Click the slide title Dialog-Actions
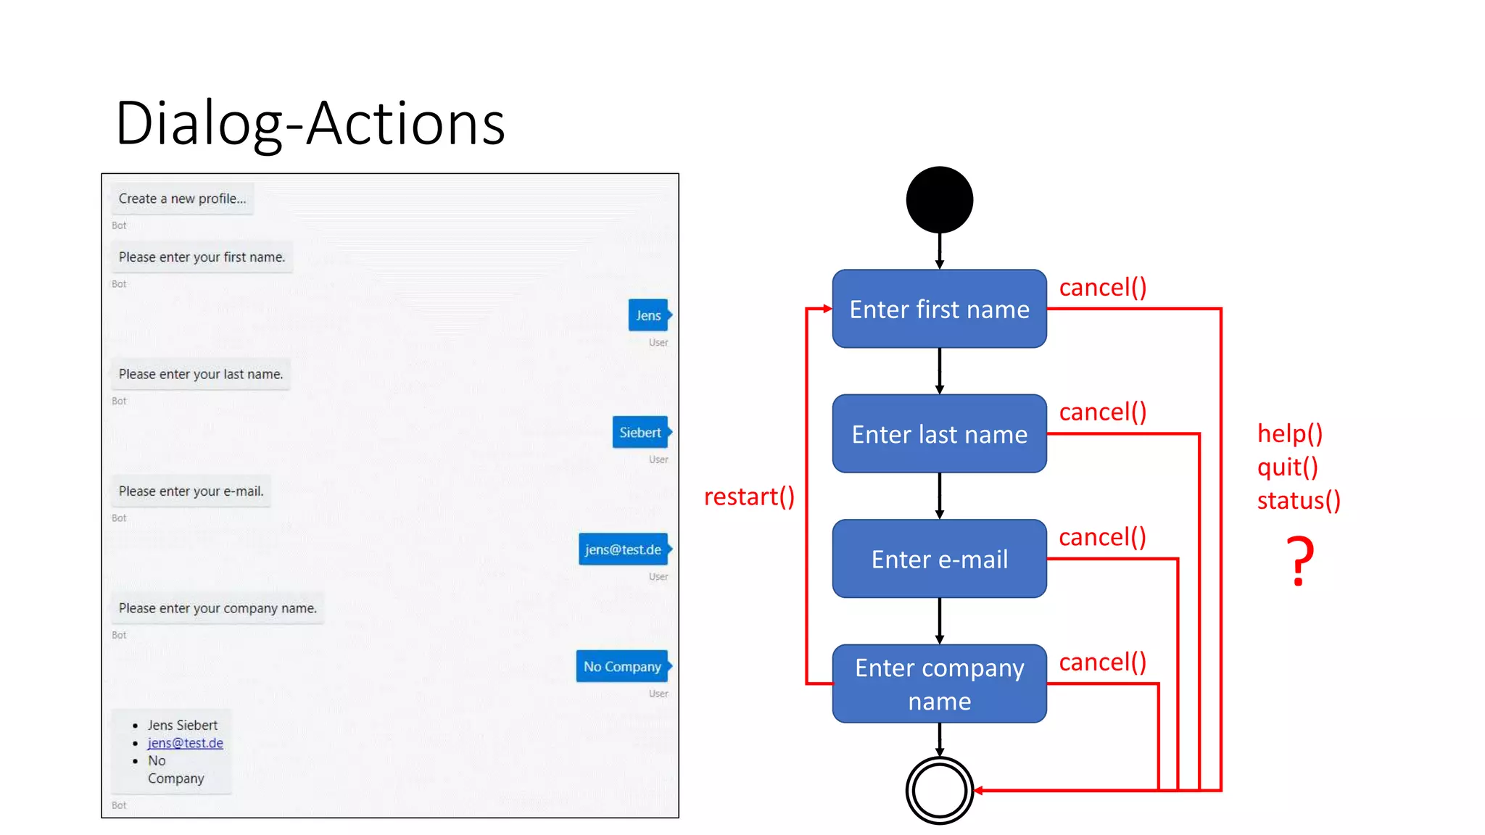310,124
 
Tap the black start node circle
939,200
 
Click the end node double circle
939,790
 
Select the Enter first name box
939,310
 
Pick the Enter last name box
939,434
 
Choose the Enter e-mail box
939,559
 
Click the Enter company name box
939,684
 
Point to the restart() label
749,497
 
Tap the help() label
1290,433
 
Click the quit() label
1287,468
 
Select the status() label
1299,501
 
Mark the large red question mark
1300,561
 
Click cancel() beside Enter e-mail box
1102,537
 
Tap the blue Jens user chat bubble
648,315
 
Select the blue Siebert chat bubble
640,433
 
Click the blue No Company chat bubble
622,667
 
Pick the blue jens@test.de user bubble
623,549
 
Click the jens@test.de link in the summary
186,743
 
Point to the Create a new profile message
182,199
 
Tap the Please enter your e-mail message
191,491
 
